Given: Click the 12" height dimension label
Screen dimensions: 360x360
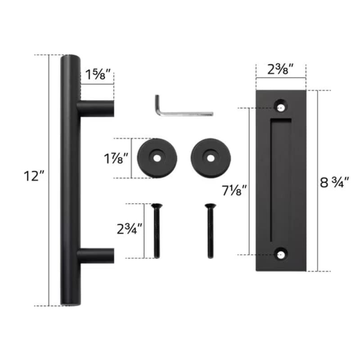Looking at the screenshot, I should pyautogui.click(x=32, y=176).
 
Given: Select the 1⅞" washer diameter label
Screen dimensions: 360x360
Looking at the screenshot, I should pyautogui.click(x=116, y=158).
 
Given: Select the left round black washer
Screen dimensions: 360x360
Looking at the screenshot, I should pyautogui.click(x=157, y=158).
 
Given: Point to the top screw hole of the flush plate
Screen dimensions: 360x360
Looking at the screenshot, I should pyautogui.click(x=282, y=108).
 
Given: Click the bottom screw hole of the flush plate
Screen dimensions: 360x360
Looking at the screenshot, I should pyautogui.click(x=282, y=254).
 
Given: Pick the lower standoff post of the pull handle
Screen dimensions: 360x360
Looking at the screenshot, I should pyautogui.click(x=95, y=256).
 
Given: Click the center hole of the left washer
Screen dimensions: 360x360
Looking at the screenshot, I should pyautogui.click(x=157, y=158).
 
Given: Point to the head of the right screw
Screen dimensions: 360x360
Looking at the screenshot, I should pyautogui.click(x=209, y=206).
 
